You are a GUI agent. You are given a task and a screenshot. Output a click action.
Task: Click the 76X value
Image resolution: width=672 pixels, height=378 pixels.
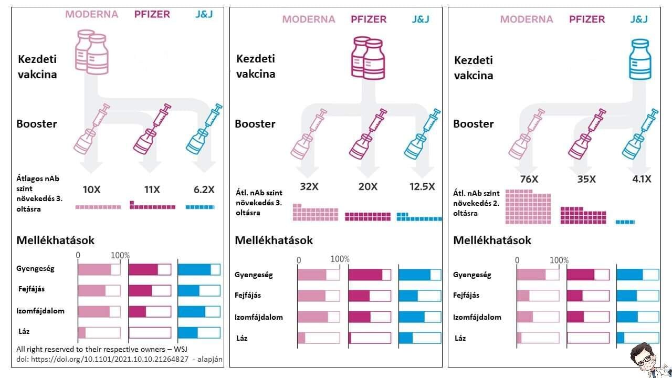(529, 179)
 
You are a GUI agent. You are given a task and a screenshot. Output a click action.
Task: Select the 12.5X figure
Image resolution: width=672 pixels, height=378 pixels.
(422, 186)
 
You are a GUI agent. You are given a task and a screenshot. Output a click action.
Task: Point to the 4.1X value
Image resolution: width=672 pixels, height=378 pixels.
(641, 179)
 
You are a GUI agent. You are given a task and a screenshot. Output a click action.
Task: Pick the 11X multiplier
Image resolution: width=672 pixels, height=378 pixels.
(152, 189)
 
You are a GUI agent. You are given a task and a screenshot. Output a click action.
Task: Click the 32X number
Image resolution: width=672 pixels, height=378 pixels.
(309, 186)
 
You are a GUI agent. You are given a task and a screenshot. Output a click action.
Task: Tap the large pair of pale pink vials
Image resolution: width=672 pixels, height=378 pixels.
(91, 52)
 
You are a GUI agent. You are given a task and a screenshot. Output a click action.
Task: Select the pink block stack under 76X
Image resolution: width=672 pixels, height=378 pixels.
(528, 207)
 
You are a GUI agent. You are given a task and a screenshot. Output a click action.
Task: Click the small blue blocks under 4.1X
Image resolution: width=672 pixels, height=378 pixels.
(625, 222)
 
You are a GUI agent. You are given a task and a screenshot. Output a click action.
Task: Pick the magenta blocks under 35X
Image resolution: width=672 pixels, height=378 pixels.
(583, 215)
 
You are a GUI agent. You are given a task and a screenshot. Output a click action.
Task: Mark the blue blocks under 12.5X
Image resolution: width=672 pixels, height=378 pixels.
(419, 217)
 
